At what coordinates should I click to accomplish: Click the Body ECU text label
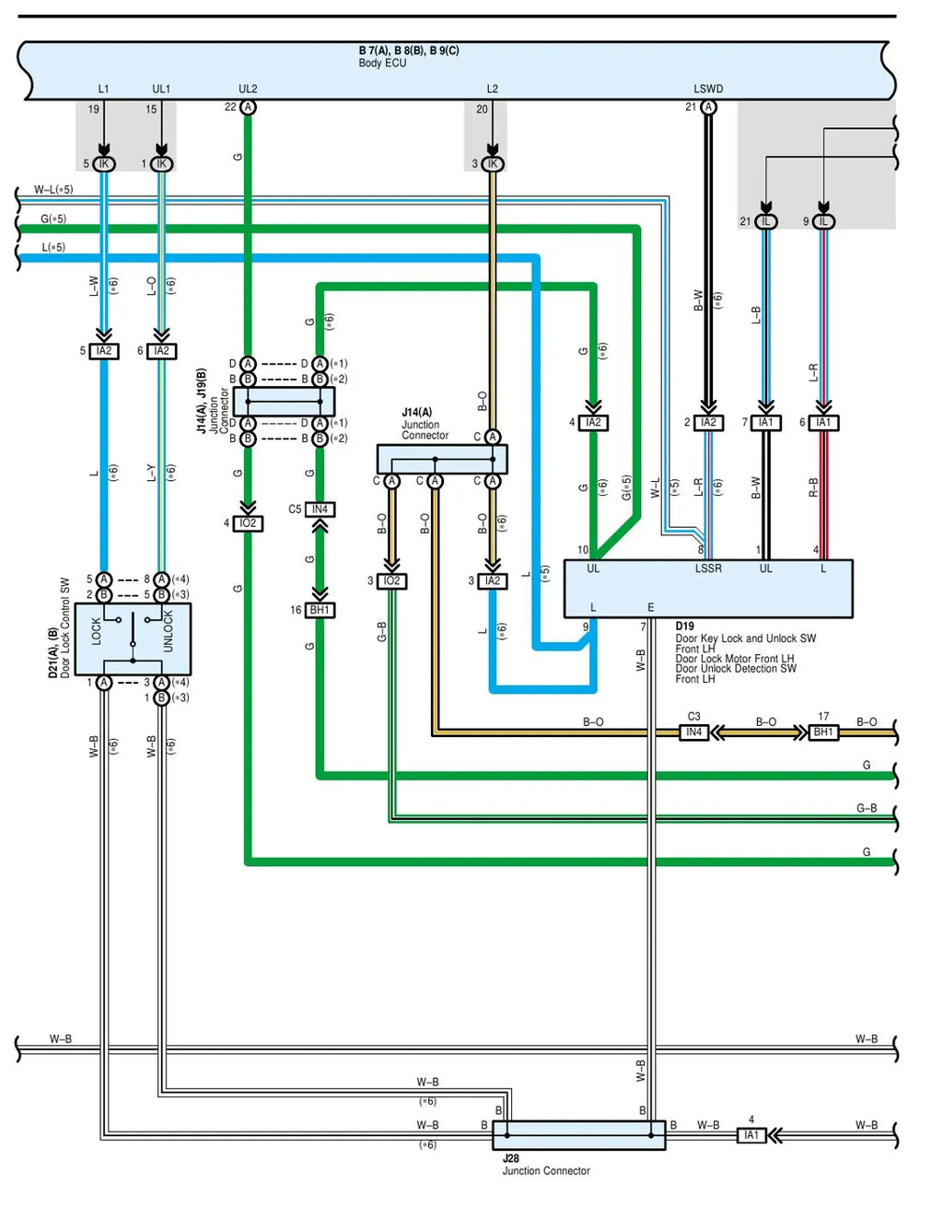(x=382, y=64)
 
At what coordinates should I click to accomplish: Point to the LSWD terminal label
(x=707, y=88)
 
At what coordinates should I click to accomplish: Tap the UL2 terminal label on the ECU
(x=248, y=88)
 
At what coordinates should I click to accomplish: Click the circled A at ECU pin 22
(x=248, y=107)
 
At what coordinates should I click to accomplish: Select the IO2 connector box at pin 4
(x=248, y=523)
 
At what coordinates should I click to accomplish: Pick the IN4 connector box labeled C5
(x=320, y=510)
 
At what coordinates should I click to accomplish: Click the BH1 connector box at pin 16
(x=320, y=610)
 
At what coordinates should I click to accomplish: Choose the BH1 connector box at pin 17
(x=822, y=732)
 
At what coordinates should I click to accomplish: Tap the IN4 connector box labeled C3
(x=693, y=732)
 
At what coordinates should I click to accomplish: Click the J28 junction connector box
(x=578, y=1135)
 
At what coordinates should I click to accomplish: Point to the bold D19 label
(x=684, y=626)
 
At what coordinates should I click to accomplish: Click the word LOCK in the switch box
(x=96, y=631)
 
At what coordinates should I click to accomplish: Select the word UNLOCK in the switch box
(x=168, y=631)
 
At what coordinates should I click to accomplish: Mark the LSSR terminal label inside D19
(x=708, y=568)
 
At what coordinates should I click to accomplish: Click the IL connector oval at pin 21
(x=765, y=222)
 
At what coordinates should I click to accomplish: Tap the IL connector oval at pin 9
(x=823, y=222)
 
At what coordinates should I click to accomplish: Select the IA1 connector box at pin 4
(x=751, y=1135)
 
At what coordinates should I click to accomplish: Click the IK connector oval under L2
(x=493, y=164)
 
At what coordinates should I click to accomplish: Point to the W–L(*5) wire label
(x=53, y=190)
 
